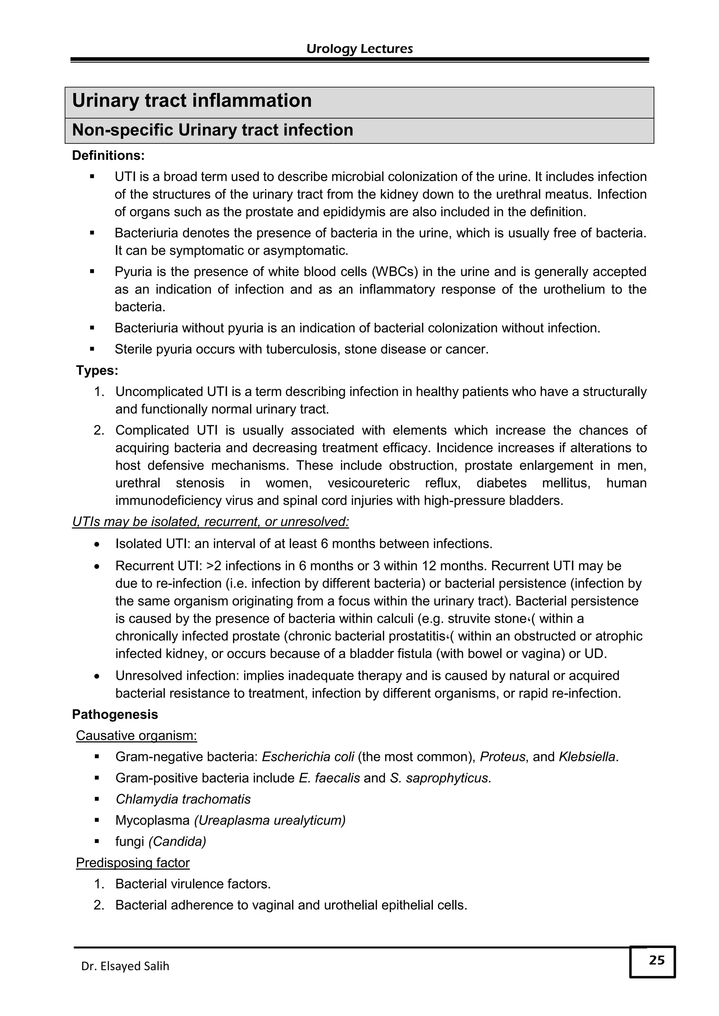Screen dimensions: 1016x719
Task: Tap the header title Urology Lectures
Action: (x=359, y=49)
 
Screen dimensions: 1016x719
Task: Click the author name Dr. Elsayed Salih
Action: (x=125, y=966)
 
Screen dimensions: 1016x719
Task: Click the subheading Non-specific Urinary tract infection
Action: (x=212, y=130)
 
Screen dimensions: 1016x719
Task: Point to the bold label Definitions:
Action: (x=108, y=156)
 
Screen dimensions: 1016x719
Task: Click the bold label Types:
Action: (x=97, y=370)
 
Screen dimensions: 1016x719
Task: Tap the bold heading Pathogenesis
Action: (x=115, y=715)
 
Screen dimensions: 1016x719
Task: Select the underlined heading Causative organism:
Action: (x=136, y=735)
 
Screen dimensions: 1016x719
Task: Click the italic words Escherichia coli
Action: (x=308, y=757)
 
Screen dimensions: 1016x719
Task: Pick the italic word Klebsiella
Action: (x=587, y=757)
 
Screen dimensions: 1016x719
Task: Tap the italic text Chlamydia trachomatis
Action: (x=183, y=799)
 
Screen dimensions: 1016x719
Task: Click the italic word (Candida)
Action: (x=177, y=841)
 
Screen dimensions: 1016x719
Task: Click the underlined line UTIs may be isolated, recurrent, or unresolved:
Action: (x=210, y=522)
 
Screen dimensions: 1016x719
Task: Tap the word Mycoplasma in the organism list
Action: (x=152, y=820)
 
